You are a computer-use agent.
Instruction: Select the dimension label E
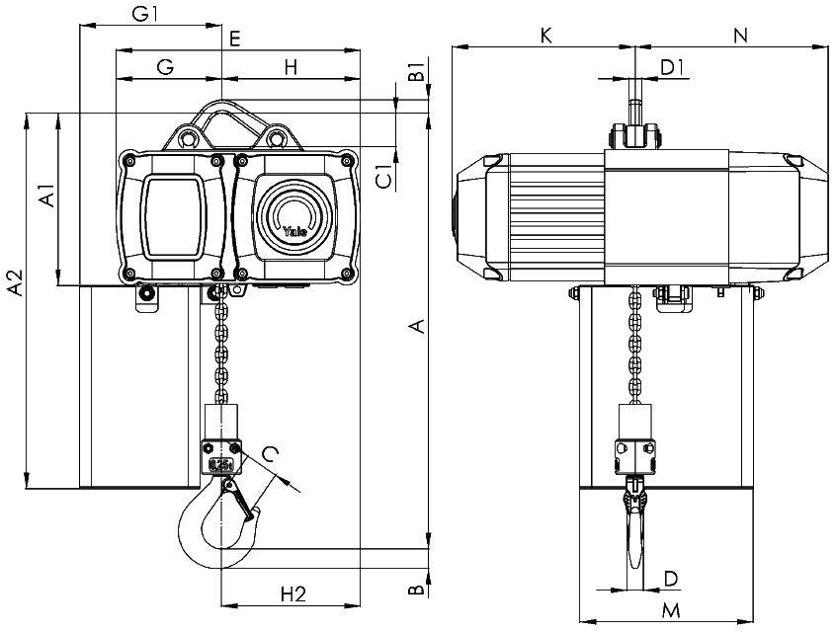point(234,39)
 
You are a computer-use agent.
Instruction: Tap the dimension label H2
point(293,593)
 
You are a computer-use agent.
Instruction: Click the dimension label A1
point(46,196)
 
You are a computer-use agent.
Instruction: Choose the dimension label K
point(545,36)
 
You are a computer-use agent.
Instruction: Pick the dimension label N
point(740,36)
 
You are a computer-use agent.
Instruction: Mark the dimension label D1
point(672,67)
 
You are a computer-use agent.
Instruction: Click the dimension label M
point(671,609)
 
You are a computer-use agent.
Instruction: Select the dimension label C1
point(385,177)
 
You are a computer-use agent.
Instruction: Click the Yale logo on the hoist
point(294,231)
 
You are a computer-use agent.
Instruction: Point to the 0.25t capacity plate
point(221,464)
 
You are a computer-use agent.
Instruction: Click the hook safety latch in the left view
point(238,501)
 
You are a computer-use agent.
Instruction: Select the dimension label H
point(291,67)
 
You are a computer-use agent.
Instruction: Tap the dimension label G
point(166,67)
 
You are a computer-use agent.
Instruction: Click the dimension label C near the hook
point(271,453)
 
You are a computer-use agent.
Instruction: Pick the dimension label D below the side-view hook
point(671,578)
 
